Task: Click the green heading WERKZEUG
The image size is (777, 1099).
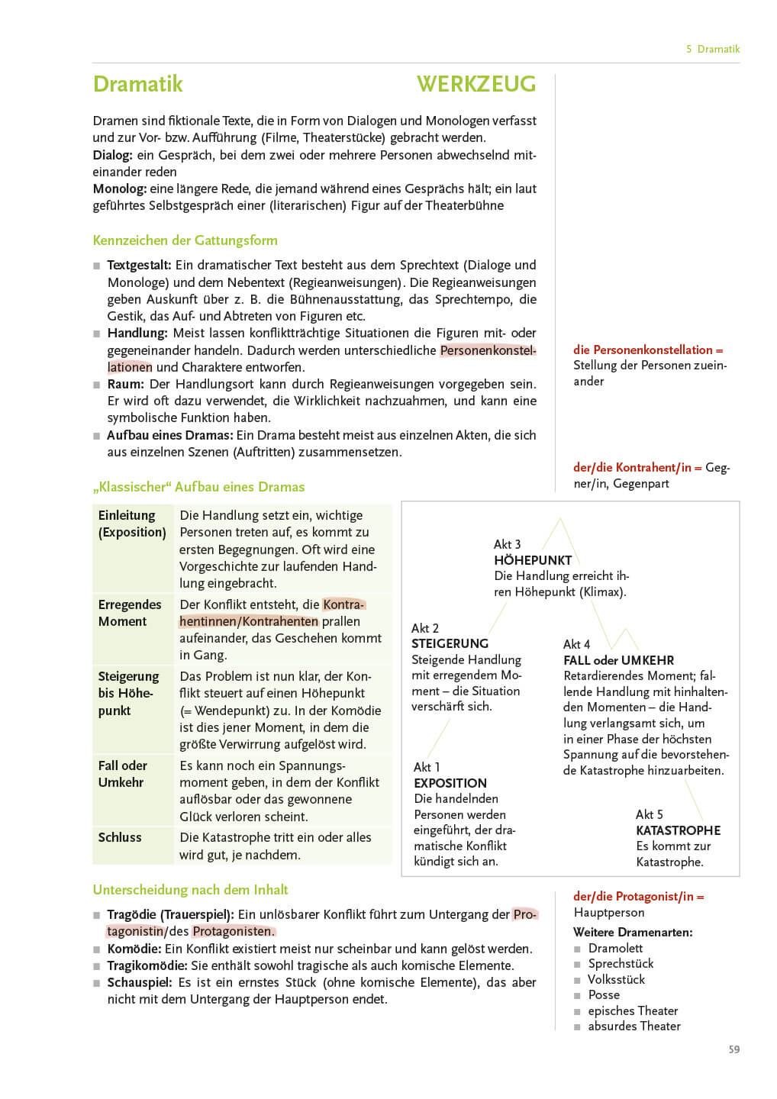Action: pos(476,84)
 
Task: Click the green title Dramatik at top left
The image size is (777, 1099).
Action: pos(138,84)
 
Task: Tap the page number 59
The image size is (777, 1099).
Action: pos(733,1049)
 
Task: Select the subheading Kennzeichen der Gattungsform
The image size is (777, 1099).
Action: pos(185,240)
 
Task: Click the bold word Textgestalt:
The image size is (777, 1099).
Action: pos(139,266)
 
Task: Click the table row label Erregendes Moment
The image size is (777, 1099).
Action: pos(130,613)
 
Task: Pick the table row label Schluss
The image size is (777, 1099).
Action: pos(120,837)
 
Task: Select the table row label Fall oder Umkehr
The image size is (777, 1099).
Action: pos(123,774)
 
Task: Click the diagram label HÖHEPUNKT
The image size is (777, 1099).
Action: pos(533,560)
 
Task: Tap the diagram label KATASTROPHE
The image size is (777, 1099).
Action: pos(678,830)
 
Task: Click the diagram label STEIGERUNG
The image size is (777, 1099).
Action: pos(450,643)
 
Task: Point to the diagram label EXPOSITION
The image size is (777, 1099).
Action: pos(450,783)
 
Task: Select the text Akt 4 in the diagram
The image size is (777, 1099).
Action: pos(576,644)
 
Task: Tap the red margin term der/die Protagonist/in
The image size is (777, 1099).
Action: pos(638,897)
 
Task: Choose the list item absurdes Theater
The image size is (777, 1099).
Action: pos(634,1026)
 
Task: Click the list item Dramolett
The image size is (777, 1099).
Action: pos(615,948)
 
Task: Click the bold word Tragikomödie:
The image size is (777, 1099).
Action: pos(147,965)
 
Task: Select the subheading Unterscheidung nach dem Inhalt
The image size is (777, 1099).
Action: pos(190,890)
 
